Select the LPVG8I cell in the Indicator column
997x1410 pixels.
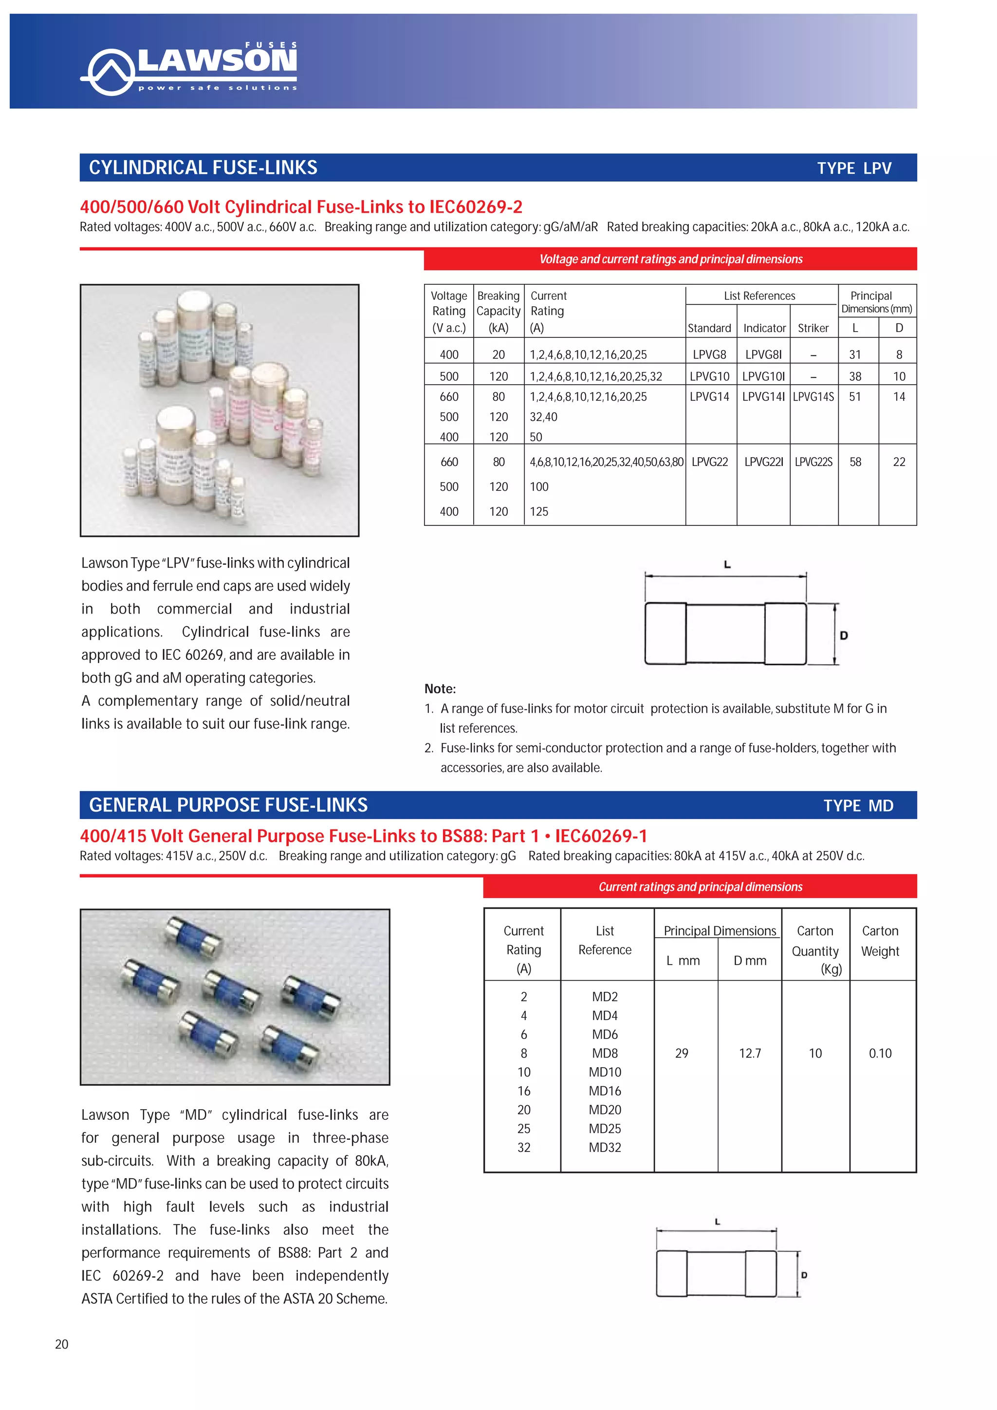tap(763, 354)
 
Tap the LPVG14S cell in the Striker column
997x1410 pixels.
tap(813, 397)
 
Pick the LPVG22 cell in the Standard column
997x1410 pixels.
tap(710, 462)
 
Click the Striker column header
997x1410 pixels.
tap(813, 328)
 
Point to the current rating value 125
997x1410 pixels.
tap(539, 512)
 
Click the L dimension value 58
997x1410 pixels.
tap(855, 462)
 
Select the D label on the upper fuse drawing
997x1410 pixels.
tap(844, 635)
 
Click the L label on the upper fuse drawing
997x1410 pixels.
tap(727, 564)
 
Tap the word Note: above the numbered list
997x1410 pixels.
tap(440, 688)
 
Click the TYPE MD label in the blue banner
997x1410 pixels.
tap(858, 806)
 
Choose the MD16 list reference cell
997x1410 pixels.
tap(605, 1091)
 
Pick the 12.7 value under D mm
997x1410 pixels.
tap(750, 1053)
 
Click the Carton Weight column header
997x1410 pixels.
tap(880, 941)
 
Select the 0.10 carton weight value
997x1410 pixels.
tap(880, 1053)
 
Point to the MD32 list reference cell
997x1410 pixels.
tap(605, 1147)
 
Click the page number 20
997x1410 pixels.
tap(62, 1344)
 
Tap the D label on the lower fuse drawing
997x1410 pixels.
tap(804, 1276)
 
